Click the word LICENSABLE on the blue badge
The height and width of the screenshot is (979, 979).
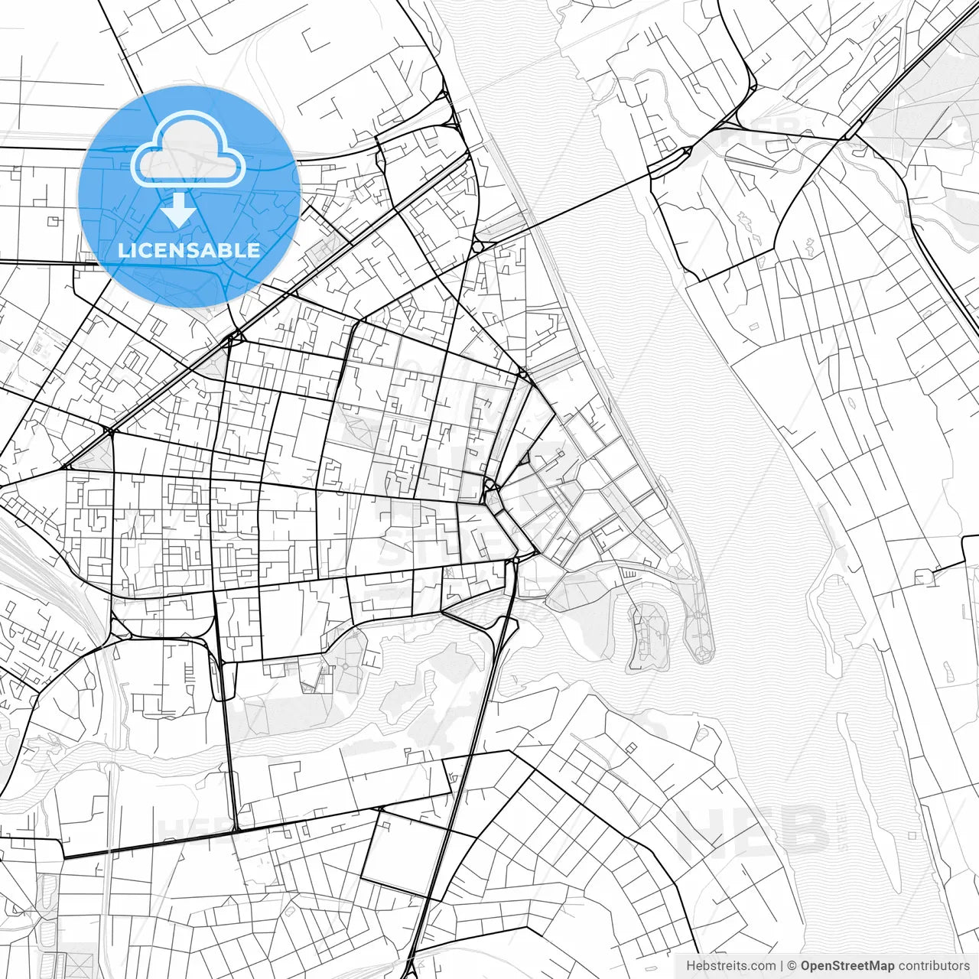pyautogui.click(x=188, y=250)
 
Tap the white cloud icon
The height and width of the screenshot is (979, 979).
pyautogui.click(x=188, y=151)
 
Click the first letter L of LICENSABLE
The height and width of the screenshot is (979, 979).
pyautogui.click(x=123, y=250)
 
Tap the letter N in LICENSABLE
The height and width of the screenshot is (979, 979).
pyautogui.click(x=181, y=250)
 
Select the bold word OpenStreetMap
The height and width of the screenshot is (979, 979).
pyautogui.click(x=847, y=966)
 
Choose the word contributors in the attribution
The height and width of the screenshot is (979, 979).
pyautogui.click(x=934, y=966)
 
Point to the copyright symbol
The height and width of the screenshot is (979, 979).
pyautogui.click(x=792, y=966)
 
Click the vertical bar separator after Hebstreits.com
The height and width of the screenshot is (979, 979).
pyautogui.click(x=782, y=966)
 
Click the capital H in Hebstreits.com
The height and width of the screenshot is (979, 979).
pyautogui.click(x=691, y=966)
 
